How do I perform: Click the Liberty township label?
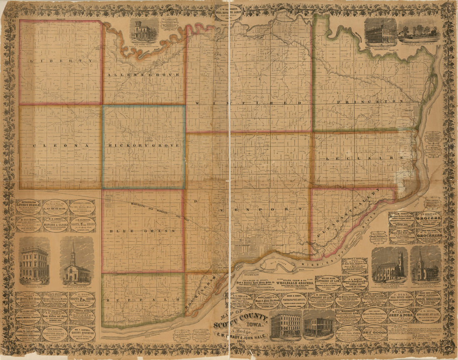(x=61, y=61)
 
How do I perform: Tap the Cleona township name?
(x=60, y=145)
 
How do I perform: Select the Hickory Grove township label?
(x=144, y=145)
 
